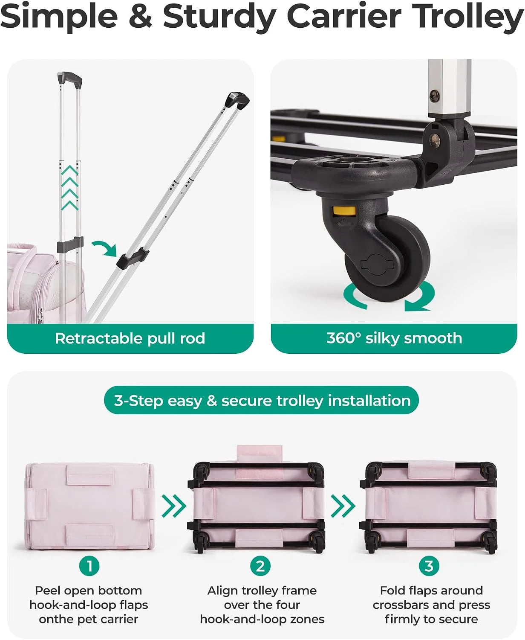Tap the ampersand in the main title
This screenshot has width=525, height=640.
click(x=140, y=16)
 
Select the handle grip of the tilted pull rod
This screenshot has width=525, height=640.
click(x=238, y=100)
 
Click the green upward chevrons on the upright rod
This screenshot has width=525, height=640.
click(x=70, y=188)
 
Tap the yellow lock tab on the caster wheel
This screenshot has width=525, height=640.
click(x=344, y=211)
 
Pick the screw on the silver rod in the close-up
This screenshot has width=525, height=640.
click(x=434, y=96)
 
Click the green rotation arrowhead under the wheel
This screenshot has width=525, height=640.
click(x=417, y=305)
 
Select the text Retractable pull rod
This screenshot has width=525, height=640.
click(x=130, y=338)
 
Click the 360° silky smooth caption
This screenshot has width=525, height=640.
click(x=394, y=338)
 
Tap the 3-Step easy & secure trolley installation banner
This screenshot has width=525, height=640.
click(x=261, y=400)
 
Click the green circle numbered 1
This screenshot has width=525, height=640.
click(x=89, y=566)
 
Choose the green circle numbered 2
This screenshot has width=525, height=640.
click(x=260, y=566)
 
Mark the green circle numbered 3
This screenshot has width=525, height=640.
click(x=429, y=566)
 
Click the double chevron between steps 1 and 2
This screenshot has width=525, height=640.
click(x=174, y=506)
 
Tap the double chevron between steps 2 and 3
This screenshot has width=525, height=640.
click(x=343, y=506)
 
